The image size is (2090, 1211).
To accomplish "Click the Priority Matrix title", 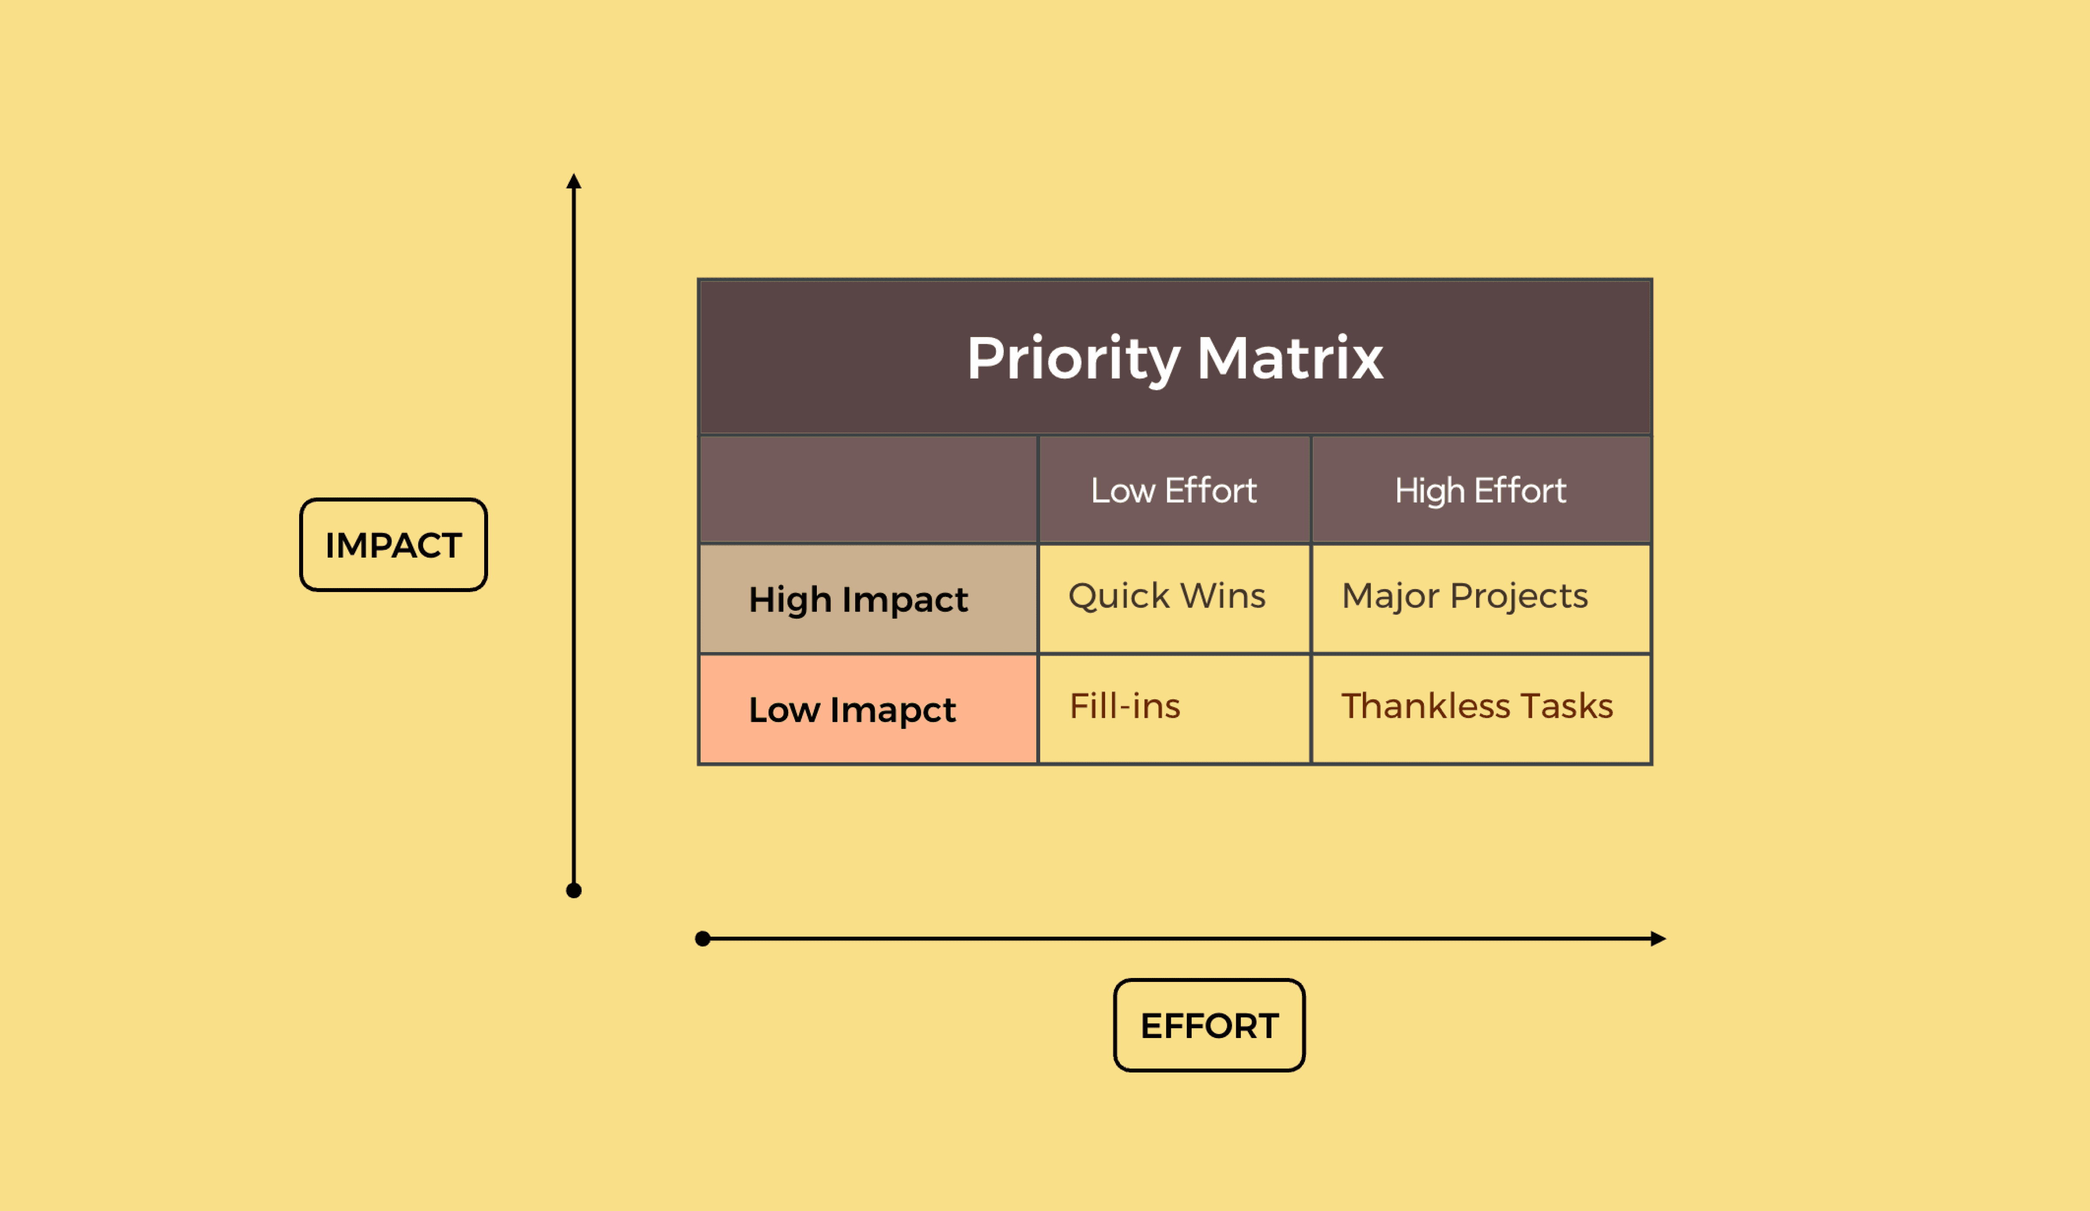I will coord(1174,359).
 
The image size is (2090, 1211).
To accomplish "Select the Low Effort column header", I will coord(1173,490).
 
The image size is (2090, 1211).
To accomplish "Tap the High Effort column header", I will coord(1480,490).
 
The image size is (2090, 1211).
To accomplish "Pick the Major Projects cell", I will coord(1465,596).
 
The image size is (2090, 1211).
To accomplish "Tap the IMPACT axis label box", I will coord(393,545).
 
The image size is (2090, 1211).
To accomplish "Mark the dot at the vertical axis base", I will coord(574,891).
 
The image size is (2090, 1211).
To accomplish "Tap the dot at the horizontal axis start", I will coord(702,939).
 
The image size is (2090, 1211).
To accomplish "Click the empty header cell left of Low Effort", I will coord(868,490).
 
